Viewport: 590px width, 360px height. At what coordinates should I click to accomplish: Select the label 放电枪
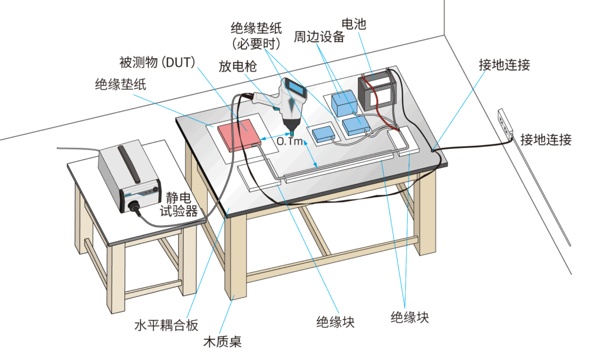pos(237,65)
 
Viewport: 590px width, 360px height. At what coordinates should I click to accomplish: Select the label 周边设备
pos(319,37)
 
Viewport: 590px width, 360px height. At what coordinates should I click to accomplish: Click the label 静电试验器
pos(179,205)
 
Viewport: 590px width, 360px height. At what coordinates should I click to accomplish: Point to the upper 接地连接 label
pos(504,65)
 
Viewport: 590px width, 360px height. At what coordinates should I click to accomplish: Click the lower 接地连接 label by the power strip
pos(546,139)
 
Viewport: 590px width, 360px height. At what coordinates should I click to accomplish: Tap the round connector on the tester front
pos(137,205)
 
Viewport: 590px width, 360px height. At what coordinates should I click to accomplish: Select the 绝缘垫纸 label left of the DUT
pos(120,85)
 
